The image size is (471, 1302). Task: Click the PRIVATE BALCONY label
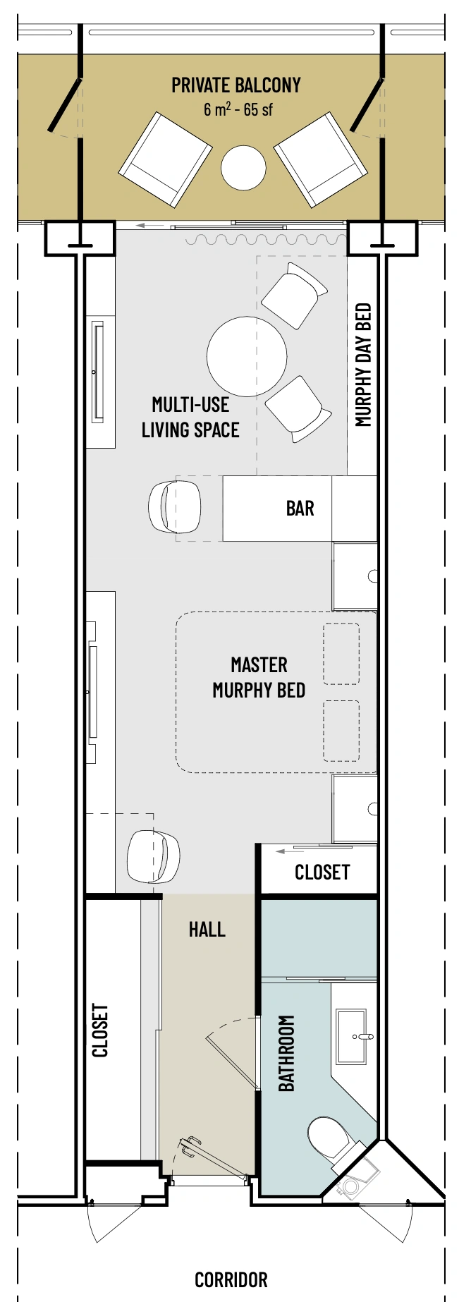(236, 85)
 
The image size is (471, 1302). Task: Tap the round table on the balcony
(243, 167)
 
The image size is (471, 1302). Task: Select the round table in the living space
(247, 356)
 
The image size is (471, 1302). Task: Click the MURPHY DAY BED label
(363, 365)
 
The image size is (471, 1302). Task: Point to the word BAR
(300, 508)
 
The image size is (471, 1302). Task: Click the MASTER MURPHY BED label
(259, 677)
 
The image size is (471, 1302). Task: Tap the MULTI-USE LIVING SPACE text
(190, 417)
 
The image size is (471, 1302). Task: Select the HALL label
(207, 930)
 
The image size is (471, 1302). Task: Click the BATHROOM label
(286, 1054)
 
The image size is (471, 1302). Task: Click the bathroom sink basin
(351, 1036)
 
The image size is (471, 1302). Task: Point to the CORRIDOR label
(231, 1279)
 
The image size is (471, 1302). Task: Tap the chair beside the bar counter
(175, 506)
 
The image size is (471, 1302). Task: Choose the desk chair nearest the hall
(153, 856)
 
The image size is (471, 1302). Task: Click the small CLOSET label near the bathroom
(322, 872)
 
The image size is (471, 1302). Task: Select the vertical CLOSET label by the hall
(100, 1030)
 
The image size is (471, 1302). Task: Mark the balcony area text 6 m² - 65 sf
(238, 109)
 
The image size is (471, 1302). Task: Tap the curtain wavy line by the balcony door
(267, 241)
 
